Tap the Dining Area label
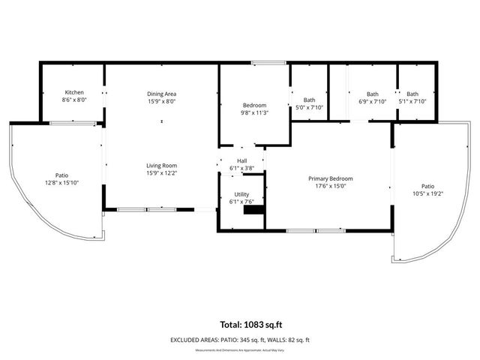click(161, 93)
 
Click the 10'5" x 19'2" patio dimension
click(427, 193)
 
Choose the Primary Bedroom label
click(331, 178)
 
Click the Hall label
click(241, 160)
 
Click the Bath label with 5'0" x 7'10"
click(309, 100)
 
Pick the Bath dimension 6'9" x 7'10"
click(372, 100)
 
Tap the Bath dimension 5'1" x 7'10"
click(412, 100)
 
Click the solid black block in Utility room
click(254, 210)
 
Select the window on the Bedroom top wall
click(263, 63)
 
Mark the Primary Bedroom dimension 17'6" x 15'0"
click(331, 186)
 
